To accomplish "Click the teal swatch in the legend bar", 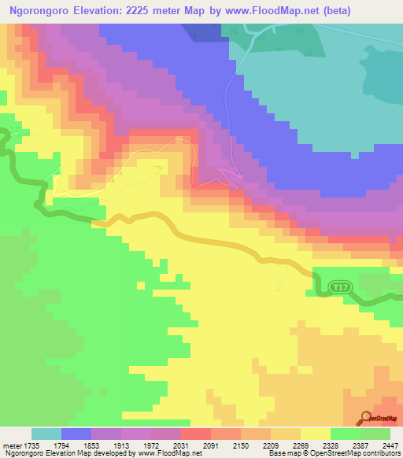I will tap(46, 434).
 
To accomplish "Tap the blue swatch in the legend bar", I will tap(76, 434).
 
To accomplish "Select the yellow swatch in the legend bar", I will tap(316, 434).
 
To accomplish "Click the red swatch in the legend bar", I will tap(196, 434).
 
